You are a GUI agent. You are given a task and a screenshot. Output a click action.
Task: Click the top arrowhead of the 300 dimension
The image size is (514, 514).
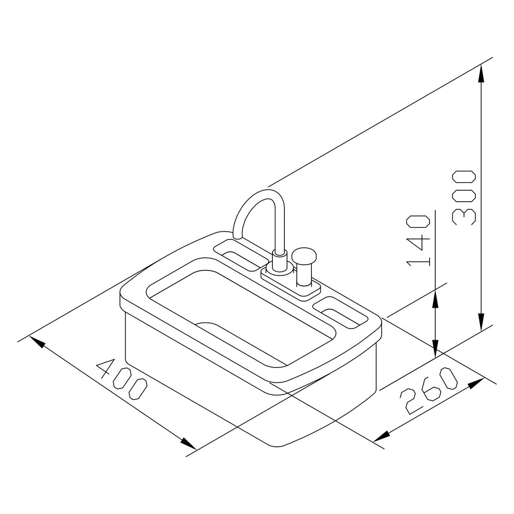click(x=481, y=73)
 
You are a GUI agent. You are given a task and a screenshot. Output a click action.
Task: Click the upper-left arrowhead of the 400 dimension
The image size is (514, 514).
click(x=37, y=343)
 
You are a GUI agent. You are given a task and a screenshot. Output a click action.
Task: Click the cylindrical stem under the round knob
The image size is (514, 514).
click(x=304, y=274)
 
